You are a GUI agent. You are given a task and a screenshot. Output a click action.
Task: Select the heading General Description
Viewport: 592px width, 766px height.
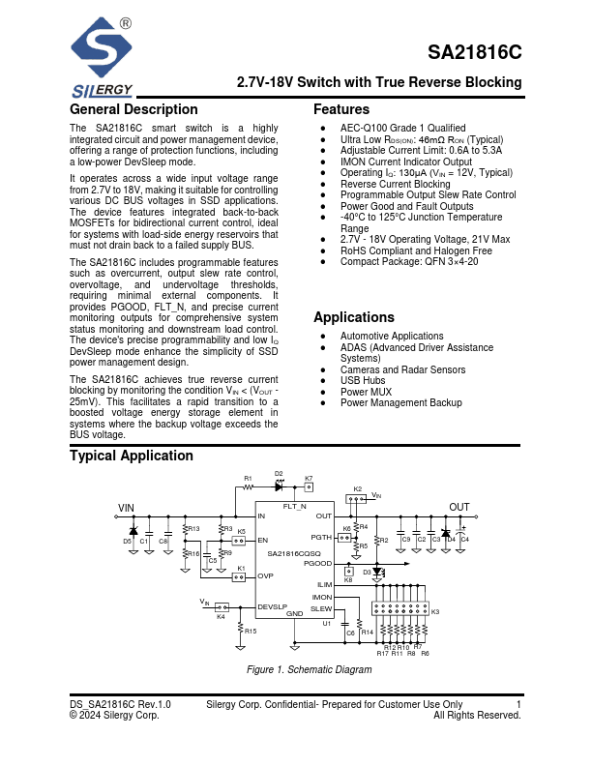pyautogui.click(x=133, y=109)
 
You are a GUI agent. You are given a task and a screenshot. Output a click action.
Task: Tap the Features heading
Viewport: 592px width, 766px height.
pyautogui.click(x=341, y=109)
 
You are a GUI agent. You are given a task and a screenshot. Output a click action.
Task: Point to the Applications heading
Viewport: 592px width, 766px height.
pyautogui.click(x=354, y=317)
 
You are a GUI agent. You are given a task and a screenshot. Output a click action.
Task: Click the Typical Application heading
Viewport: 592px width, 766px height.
pyautogui.click(x=132, y=456)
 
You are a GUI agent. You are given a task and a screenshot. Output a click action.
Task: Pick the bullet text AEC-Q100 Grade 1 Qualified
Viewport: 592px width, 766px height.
pyautogui.click(x=402, y=128)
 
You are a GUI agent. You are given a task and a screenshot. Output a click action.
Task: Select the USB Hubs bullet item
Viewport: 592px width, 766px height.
pyautogui.click(x=364, y=381)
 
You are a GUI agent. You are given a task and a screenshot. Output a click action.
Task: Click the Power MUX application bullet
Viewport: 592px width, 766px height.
pyautogui.click(x=366, y=392)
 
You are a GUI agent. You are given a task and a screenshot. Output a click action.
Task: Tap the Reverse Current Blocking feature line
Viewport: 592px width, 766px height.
pyautogui.click(x=395, y=184)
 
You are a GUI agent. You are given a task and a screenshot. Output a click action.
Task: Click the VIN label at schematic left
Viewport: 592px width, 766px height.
pyautogui.click(x=127, y=508)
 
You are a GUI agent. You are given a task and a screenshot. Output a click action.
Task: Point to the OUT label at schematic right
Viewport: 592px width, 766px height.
pyautogui.click(x=459, y=508)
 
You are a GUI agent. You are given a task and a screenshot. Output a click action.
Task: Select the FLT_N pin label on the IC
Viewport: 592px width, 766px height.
pyautogui.click(x=294, y=507)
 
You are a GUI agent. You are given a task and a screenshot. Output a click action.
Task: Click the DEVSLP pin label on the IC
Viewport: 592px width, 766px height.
pyautogui.click(x=272, y=606)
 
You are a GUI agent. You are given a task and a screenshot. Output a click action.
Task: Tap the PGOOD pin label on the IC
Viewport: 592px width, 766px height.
pyautogui.click(x=317, y=563)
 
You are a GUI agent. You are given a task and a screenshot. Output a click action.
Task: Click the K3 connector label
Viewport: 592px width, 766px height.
pyautogui.click(x=435, y=612)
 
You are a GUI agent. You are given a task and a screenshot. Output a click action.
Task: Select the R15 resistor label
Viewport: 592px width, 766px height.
pyautogui.click(x=251, y=631)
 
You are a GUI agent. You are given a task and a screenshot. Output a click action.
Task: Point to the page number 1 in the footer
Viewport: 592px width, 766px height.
pyautogui.click(x=518, y=704)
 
